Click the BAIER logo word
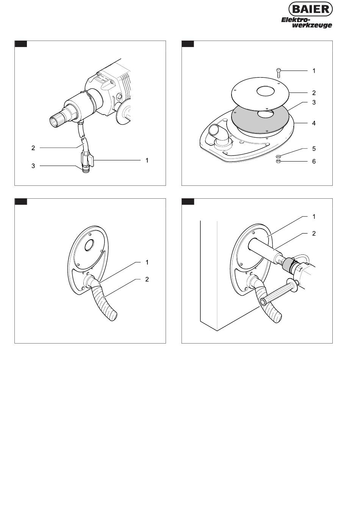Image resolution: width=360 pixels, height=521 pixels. (310, 9)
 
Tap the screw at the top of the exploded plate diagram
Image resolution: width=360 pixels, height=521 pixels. (279, 72)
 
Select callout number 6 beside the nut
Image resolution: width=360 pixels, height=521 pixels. (314, 161)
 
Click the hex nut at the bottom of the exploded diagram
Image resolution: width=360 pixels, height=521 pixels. (278, 161)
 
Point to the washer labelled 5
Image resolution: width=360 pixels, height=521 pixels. (278, 155)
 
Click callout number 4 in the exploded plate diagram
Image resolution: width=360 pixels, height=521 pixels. (314, 123)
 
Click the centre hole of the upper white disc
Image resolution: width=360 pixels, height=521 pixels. (266, 91)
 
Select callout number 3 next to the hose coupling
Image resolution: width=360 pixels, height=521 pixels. (33, 166)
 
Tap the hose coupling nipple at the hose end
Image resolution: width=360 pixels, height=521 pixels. (86, 170)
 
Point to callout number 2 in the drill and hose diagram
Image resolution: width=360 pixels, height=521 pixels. (33, 148)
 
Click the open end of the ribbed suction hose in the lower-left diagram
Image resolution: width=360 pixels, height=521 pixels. (114, 318)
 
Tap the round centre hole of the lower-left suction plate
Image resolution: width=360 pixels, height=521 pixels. (89, 245)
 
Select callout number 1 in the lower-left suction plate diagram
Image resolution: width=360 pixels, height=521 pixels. (147, 262)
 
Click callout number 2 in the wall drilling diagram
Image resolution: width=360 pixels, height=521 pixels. (314, 234)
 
